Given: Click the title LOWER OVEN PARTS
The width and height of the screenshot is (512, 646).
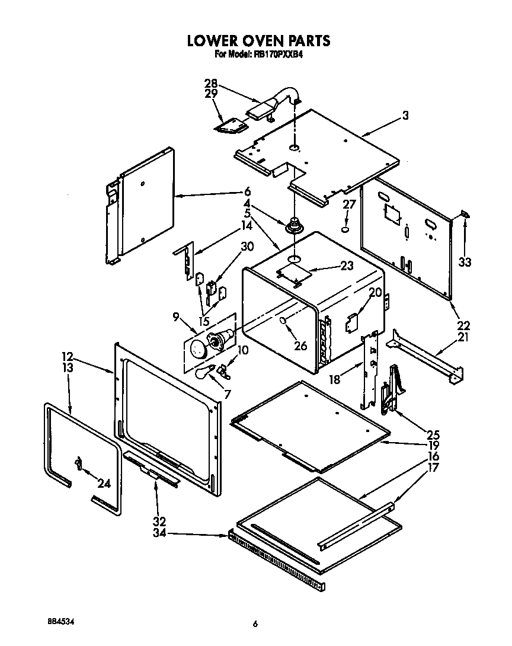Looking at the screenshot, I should point(258,41).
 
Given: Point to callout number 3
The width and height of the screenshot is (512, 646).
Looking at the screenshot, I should point(405,116).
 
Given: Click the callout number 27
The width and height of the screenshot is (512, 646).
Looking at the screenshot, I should point(349,204).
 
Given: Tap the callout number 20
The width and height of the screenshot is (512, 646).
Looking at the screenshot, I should point(375,292).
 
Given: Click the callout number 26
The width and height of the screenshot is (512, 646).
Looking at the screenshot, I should point(300,345).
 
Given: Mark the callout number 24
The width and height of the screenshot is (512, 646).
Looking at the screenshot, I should point(104,483).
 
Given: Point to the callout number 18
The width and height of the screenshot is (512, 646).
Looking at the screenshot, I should point(335,379).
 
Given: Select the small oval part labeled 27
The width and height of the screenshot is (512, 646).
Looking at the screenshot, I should point(346,228).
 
